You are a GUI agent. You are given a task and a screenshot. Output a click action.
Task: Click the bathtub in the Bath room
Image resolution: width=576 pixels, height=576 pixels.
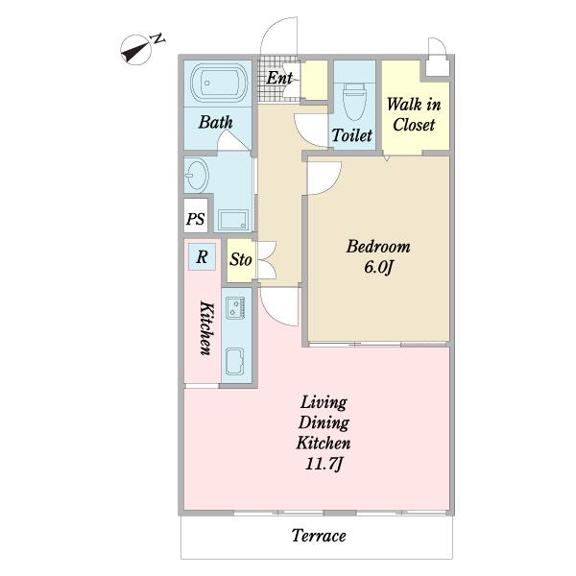[x=218, y=84]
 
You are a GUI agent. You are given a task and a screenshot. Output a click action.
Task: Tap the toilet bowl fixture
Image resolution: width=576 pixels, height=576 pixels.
[x=354, y=102]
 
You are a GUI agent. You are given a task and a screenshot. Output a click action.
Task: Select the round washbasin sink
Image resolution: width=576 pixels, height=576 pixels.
[x=197, y=176]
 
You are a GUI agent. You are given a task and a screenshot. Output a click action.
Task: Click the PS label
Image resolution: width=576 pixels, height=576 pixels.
[x=195, y=219]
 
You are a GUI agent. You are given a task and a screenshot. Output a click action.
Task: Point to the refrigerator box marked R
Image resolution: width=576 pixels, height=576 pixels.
[x=202, y=256]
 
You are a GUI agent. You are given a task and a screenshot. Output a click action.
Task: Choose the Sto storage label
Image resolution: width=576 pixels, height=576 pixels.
[x=241, y=260]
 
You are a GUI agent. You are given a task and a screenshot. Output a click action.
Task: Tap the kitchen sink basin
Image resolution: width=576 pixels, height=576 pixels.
[x=234, y=361]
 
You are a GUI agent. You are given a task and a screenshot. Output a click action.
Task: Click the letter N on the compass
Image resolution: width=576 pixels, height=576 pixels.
[x=158, y=38]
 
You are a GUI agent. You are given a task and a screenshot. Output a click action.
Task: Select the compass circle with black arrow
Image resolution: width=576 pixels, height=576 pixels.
[x=136, y=50]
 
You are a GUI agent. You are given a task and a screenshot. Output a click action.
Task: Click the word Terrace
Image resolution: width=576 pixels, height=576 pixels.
[x=319, y=536]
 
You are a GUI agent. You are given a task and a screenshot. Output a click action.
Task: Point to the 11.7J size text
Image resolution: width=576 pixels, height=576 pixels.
[x=324, y=465]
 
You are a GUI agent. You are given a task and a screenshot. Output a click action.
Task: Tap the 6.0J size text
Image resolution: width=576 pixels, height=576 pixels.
[x=378, y=267]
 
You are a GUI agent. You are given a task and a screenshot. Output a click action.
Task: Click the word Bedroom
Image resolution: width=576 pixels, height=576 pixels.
[x=378, y=247]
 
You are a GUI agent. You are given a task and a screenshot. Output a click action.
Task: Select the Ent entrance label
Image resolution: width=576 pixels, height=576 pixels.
[x=279, y=78]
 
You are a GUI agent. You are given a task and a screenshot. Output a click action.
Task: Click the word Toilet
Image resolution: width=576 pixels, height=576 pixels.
[x=352, y=135]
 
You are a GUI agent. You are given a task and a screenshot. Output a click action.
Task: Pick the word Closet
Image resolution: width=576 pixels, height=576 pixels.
[x=414, y=125]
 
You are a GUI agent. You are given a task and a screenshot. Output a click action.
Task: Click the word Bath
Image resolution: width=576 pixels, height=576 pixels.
[x=216, y=122]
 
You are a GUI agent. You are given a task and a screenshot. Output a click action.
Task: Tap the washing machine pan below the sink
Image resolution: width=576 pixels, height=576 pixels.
[x=233, y=220]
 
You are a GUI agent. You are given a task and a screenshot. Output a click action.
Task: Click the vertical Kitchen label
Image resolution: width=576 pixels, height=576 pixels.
[x=206, y=328]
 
